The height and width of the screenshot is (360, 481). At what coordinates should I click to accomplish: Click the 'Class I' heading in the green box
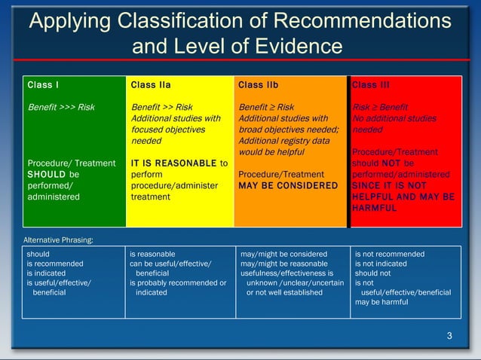click(x=43, y=85)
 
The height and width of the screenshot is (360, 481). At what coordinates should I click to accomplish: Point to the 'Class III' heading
click(x=370, y=85)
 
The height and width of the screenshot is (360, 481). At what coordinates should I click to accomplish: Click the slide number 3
click(x=449, y=335)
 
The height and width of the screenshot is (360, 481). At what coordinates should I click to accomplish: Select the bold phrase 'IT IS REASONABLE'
click(x=173, y=163)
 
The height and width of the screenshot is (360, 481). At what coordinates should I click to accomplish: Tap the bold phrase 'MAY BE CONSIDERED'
click(x=287, y=185)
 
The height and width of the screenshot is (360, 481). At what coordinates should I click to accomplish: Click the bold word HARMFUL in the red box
click(x=375, y=208)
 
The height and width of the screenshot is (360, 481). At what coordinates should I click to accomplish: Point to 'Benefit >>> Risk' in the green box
click(x=61, y=107)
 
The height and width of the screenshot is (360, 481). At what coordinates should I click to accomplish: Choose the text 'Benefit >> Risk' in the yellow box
click(x=162, y=107)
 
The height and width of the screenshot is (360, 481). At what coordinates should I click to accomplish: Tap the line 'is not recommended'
click(x=390, y=254)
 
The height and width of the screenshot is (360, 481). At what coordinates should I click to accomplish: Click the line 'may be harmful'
click(x=381, y=302)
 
